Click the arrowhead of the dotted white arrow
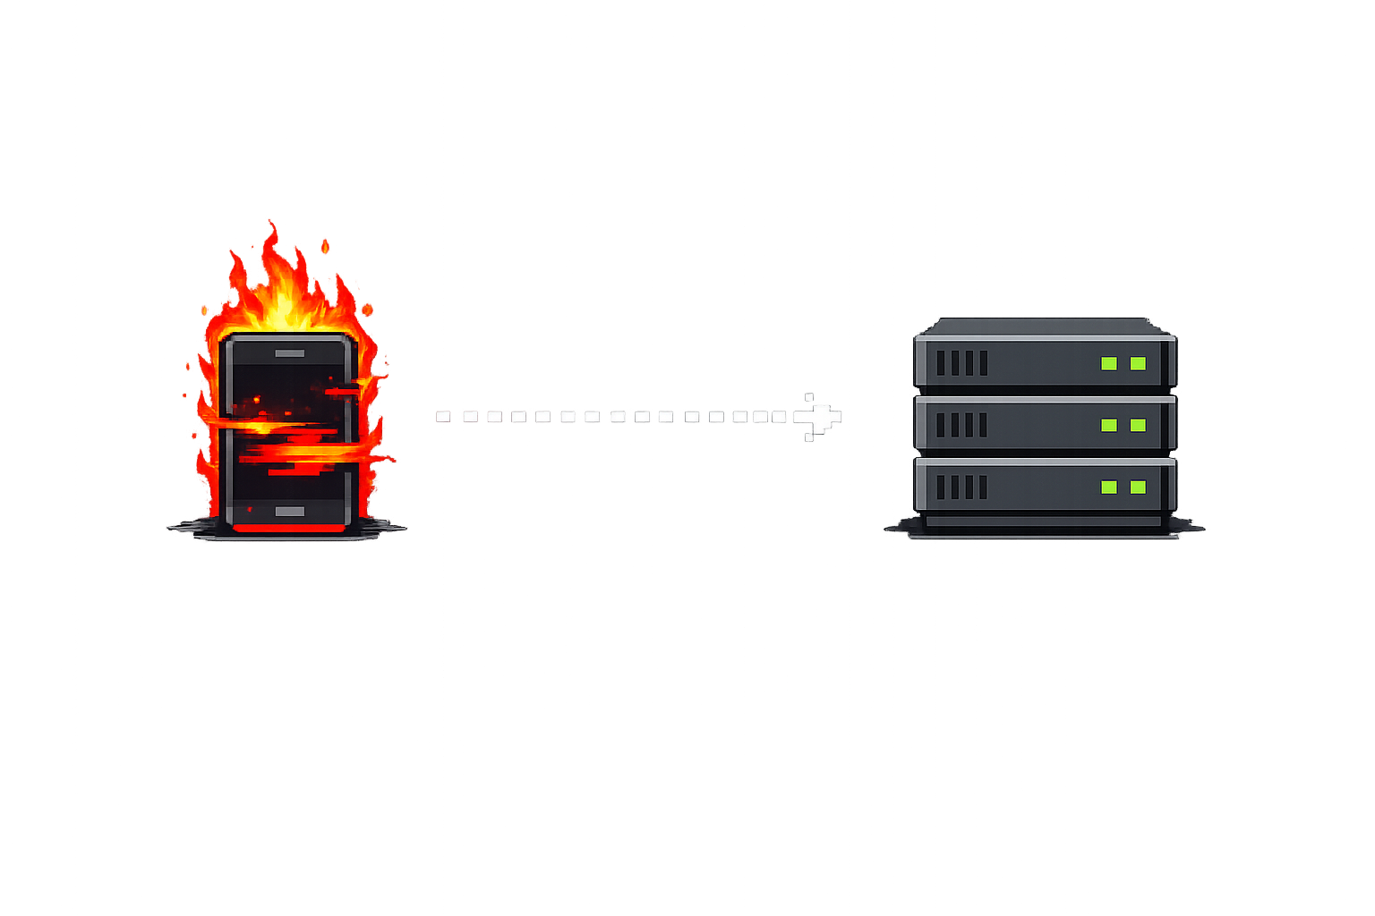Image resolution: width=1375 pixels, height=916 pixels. tap(822, 417)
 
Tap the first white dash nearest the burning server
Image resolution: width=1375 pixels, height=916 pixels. tap(443, 417)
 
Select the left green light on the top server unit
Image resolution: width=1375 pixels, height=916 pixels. tap(1109, 363)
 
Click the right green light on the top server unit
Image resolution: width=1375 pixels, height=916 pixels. tap(1138, 363)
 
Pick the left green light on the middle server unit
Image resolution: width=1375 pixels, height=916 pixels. tap(1109, 425)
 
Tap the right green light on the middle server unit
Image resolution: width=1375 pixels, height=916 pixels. tap(1138, 425)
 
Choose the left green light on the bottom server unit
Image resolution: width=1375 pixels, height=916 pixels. tap(1109, 487)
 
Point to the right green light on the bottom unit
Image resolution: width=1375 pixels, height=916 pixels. tap(1138, 487)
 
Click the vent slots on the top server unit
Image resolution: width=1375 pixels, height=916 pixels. tap(961, 363)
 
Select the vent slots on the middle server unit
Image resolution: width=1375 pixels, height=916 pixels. tap(961, 425)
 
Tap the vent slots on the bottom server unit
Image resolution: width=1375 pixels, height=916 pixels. tap(961, 487)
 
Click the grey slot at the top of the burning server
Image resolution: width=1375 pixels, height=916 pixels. tap(289, 353)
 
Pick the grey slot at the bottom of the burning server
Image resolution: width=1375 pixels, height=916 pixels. tap(289, 512)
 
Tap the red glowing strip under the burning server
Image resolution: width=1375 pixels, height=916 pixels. tap(288, 529)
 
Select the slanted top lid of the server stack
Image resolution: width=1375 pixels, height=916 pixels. tap(1044, 326)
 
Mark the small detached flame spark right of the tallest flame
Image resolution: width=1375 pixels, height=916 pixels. tap(325, 245)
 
